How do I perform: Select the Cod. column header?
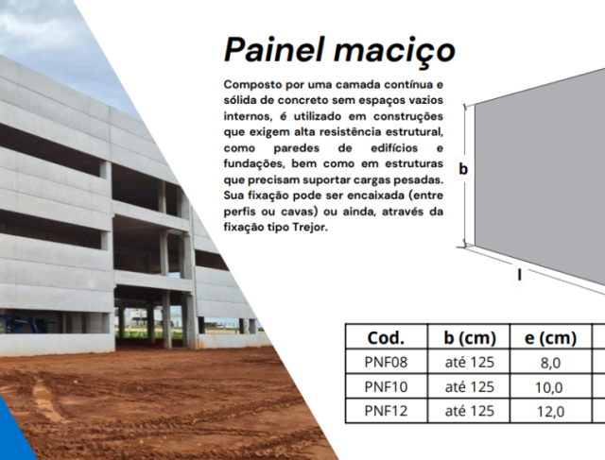pos(385,337)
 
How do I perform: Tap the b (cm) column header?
pos(469,337)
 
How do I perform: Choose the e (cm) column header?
pos(550,337)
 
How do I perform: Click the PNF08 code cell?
pos(385,362)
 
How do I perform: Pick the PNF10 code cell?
pos(385,386)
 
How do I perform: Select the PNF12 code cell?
pos(385,411)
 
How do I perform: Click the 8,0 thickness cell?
pos(550,362)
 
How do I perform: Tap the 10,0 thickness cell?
pos(550,386)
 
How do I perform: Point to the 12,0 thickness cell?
pos(550,411)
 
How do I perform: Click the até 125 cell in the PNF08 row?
pos(469,362)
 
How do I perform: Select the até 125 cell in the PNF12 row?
pos(469,411)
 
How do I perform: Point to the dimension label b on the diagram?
pos(463,169)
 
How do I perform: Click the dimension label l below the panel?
pos(519,275)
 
